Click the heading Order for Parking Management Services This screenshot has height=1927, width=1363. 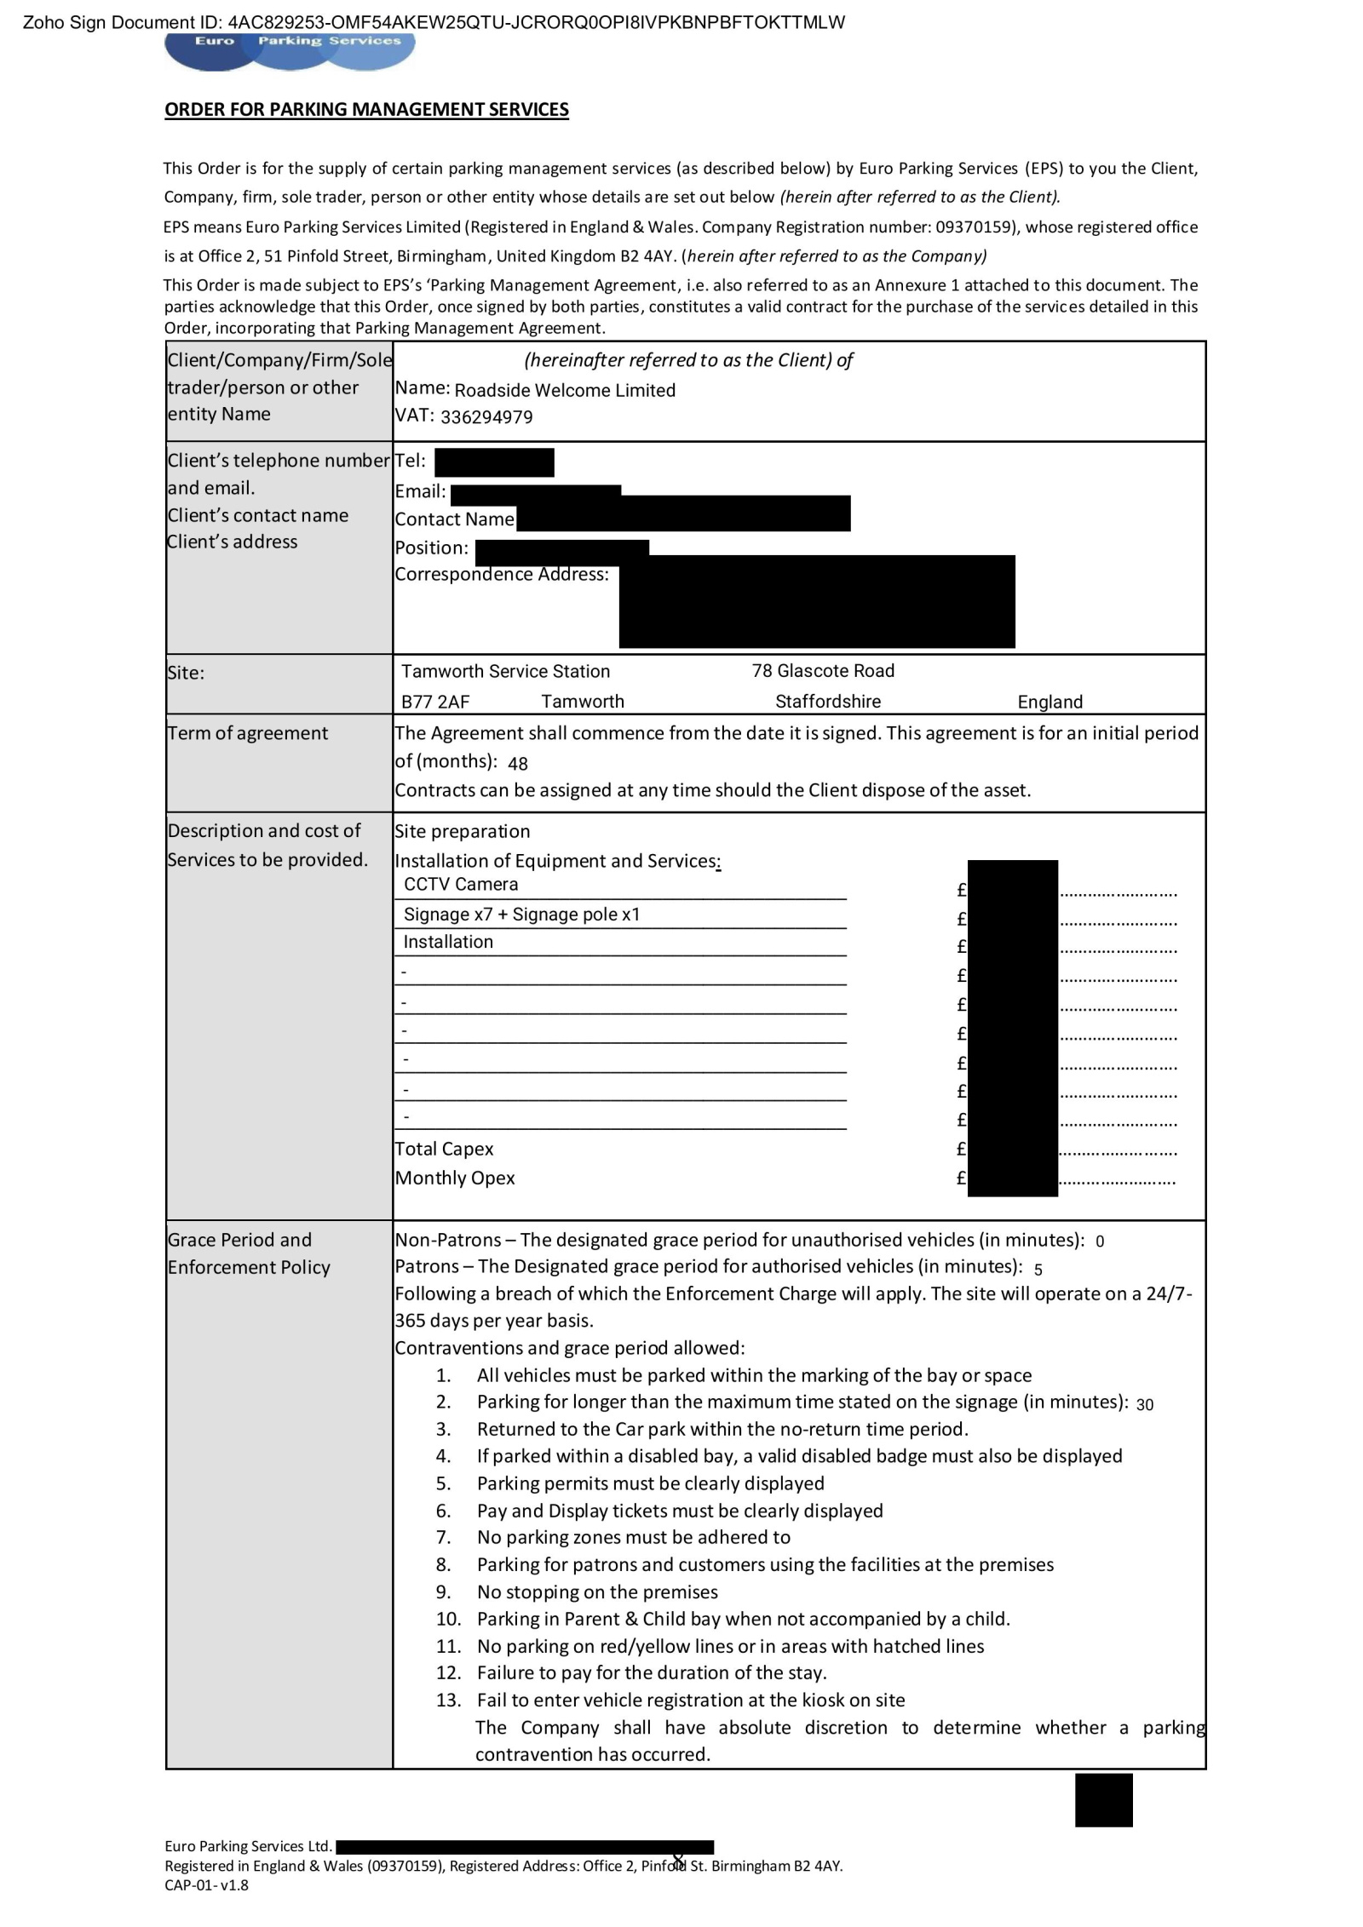pos(366,109)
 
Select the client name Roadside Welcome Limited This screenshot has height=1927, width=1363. pos(565,390)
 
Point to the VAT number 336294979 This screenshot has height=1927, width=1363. pos(486,417)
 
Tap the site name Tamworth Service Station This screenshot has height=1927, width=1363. pos(505,671)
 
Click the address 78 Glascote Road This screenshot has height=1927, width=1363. pos(823,670)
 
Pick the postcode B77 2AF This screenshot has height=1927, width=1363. pos(435,702)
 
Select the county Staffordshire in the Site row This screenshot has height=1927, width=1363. pos(828,702)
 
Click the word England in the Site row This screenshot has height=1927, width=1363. pos(1050,702)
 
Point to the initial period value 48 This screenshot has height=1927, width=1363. pos(518,763)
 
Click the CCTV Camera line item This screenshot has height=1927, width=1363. pos(461,884)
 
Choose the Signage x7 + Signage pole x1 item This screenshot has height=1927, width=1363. pos(521,915)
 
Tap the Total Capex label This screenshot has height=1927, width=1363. pos(444,1149)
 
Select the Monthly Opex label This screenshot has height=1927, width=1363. pos(455,1178)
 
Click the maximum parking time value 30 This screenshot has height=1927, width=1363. pos(1144,1404)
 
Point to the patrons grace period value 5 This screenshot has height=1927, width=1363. pos(1038,1269)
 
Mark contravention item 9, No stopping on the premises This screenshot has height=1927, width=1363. pos(597,1591)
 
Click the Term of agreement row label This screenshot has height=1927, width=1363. pos(248,733)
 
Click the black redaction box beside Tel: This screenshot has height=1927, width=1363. pos(494,462)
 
